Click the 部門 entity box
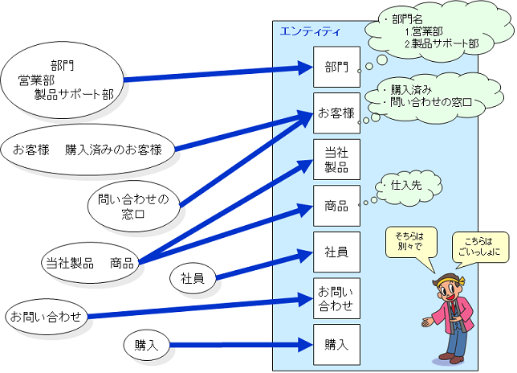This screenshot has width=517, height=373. [x=336, y=67]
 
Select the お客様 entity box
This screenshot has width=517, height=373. [x=336, y=113]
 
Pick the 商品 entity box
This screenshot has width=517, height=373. [x=336, y=206]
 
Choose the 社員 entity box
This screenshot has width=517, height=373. [x=336, y=252]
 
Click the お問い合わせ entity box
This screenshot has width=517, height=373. [x=336, y=298]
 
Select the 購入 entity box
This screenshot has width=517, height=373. [x=336, y=345]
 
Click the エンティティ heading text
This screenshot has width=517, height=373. [x=309, y=31]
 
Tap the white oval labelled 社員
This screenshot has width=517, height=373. [x=192, y=279]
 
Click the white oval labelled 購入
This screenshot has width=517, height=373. [x=147, y=345]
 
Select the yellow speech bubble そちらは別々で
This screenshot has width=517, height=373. [x=414, y=242]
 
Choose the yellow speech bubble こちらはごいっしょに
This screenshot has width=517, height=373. [x=480, y=246]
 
